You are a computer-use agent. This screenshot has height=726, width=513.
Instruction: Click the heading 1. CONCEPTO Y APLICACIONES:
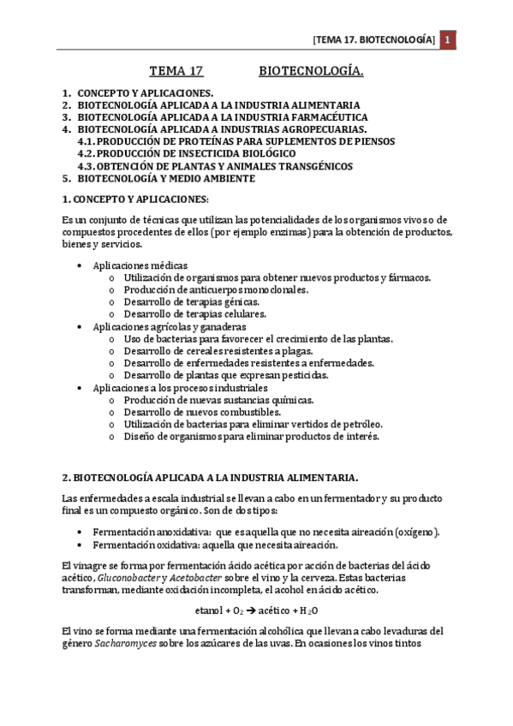(x=135, y=199)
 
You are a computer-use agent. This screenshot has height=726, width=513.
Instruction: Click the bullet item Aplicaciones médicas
(x=140, y=266)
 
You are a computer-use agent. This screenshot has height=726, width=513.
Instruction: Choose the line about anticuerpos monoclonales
(x=216, y=290)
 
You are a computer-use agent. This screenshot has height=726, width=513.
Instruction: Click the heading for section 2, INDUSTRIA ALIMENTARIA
(x=210, y=476)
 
